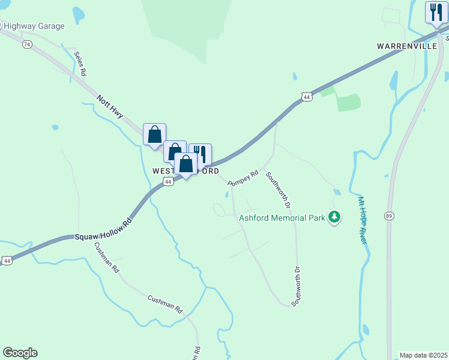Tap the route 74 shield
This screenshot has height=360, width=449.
[x=26, y=44]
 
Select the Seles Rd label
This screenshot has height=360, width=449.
[x=80, y=63]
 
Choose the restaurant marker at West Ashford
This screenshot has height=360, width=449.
[x=200, y=154]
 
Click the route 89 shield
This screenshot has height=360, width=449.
[x=390, y=215]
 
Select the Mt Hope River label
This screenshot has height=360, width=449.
[x=362, y=220]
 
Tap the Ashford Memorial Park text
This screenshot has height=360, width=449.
[x=282, y=217]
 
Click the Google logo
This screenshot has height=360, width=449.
[x=20, y=353]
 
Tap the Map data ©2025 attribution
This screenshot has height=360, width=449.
[x=424, y=355]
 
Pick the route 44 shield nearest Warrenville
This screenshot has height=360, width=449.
[x=307, y=96]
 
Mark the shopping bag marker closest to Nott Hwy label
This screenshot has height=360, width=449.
[x=154, y=134]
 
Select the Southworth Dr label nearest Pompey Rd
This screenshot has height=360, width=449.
[x=279, y=190]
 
